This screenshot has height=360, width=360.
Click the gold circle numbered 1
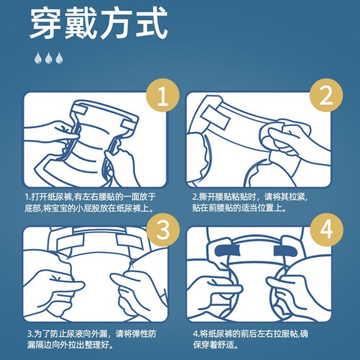pos(163,95)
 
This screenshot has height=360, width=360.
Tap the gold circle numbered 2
pos(326,95)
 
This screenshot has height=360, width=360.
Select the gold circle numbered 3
pos(163,230)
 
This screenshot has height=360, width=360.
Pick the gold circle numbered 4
pos(326,230)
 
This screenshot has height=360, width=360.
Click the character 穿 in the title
pos(45,23)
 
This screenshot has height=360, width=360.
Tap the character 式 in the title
pos(152,23)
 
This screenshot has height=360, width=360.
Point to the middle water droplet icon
pos(49,58)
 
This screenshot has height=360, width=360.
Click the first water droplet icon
pos(38,58)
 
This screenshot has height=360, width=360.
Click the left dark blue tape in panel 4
pos(228,251)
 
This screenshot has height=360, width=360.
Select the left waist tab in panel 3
pos(71,242)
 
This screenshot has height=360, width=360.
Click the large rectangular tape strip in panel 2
pos(215,117)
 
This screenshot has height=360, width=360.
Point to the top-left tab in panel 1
pos(80,110)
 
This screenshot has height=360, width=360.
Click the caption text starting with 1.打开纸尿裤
pos(90,202)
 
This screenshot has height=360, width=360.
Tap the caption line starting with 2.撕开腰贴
pos(250,197)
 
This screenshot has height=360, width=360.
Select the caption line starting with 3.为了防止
pos(91,333)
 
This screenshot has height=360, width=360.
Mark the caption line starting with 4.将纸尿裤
pos(251,333)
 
